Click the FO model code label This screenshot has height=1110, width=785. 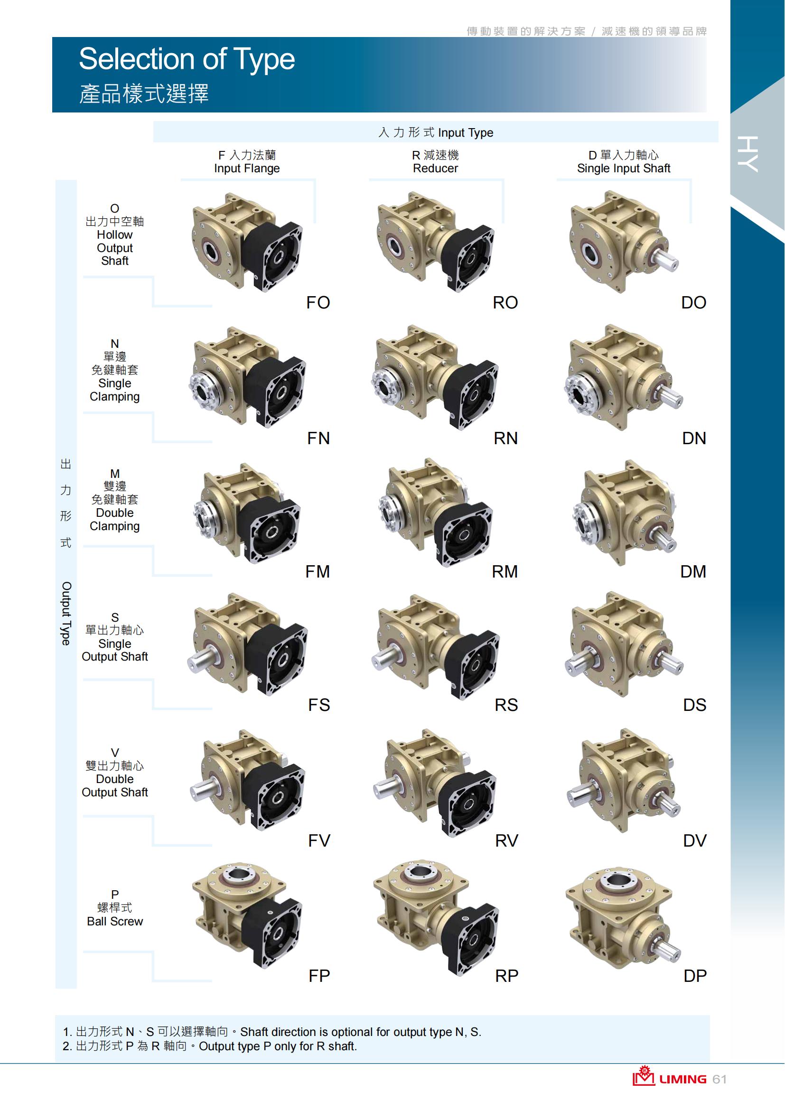click(318, 303)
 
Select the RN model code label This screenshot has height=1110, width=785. click(505, 438)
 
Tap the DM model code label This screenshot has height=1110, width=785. click(693, 572)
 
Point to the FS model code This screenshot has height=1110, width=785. click(319, 705)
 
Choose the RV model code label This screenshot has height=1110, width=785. click(506, 841)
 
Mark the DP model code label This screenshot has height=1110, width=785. click(695, 976)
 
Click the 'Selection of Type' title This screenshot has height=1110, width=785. click(187, 59)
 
